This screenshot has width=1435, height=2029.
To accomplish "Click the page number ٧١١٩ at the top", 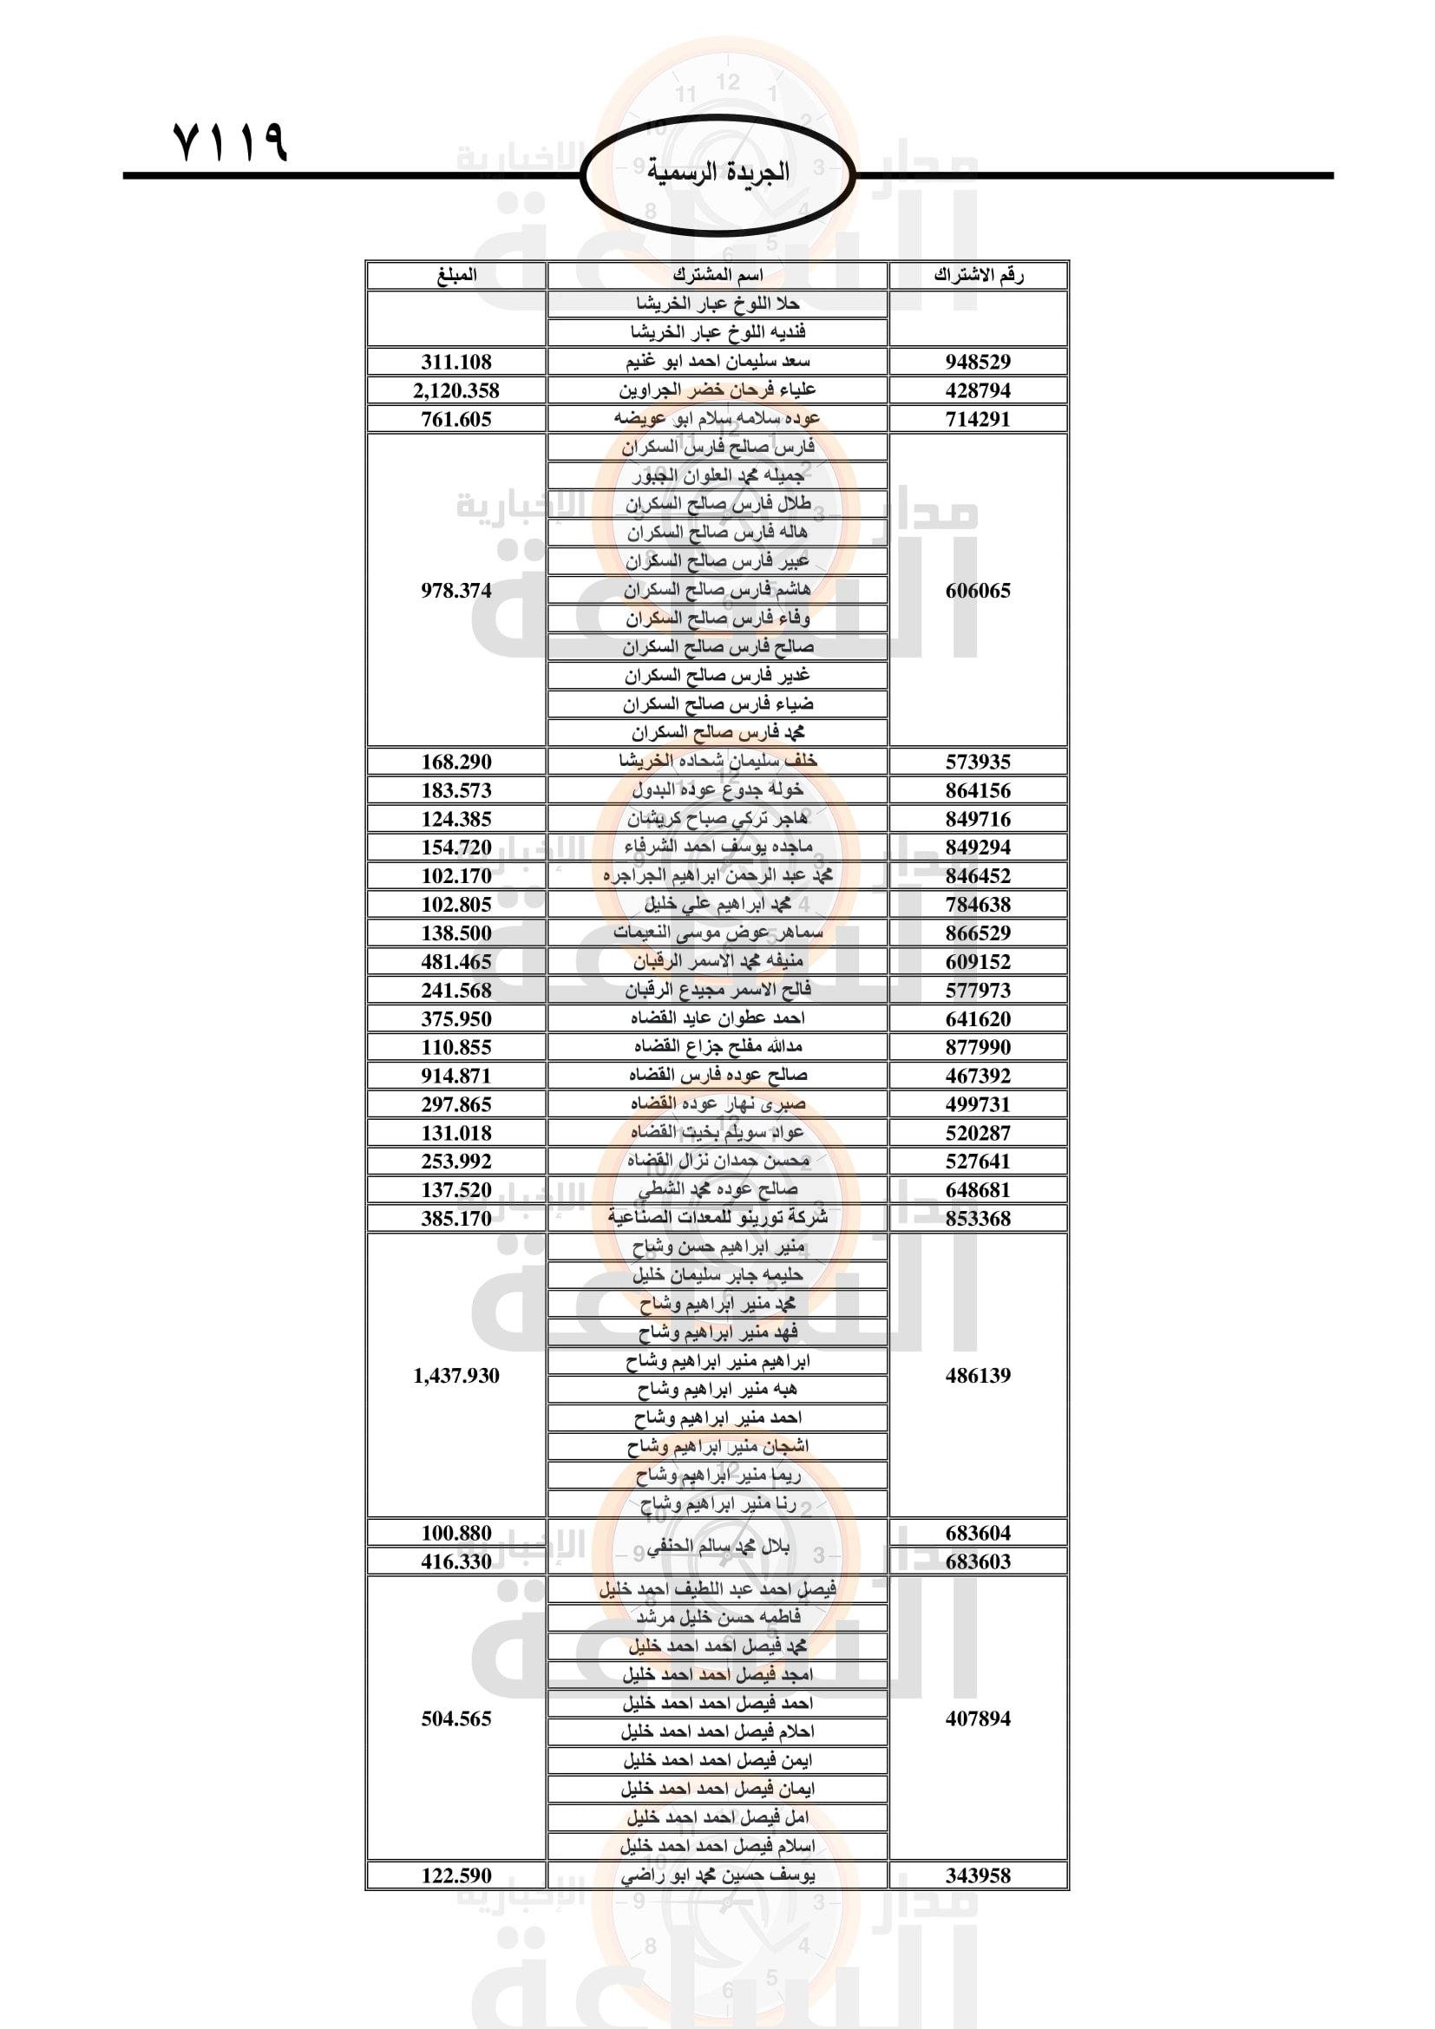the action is coord(231,141).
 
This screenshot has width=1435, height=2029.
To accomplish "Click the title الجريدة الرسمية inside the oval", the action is coord(717,172).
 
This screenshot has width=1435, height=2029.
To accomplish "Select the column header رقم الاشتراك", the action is coord(977,275).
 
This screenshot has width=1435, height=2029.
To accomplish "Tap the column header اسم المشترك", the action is coord(717,275).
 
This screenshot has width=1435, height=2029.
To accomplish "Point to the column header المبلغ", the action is coord(456,275).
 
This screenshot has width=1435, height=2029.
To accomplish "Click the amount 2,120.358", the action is coord(456,390).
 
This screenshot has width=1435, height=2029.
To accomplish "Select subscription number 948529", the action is coord(977,362).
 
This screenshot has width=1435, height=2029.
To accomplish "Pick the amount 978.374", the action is coord(456,591).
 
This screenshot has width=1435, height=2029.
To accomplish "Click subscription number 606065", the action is coord(977,591).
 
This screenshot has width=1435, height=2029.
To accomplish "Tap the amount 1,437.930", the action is coord(456,1375).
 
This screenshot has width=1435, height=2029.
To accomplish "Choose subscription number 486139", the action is coord(977,1375).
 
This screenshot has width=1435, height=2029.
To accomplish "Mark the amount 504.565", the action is coord(456,1718).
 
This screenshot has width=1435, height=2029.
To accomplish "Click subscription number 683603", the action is coord(977,1561).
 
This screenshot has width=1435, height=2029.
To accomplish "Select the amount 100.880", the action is coord(456,1532).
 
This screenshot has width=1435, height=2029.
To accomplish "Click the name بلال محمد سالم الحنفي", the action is coord(717,1547).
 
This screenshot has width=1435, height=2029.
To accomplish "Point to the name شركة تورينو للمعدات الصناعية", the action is coord(717,1218).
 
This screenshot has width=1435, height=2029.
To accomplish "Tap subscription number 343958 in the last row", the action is coord(977,1875).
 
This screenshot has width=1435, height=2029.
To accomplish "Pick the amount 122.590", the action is coord(456,1875).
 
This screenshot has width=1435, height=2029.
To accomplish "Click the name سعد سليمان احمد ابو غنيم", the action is coord(717,362).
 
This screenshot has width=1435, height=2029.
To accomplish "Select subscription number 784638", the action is coord(977,904).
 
